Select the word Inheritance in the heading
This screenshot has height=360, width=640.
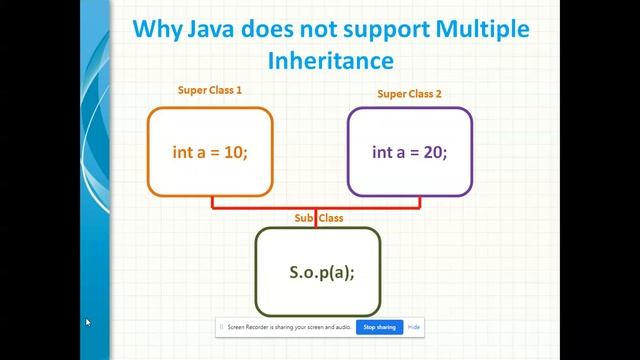[330, 60]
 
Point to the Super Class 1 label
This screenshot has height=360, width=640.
[210, 91]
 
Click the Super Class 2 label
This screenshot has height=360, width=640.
[409, 94]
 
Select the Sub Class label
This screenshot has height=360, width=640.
[317, 218]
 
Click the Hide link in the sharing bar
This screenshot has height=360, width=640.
[414, 327]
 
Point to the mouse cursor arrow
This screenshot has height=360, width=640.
[88, 322]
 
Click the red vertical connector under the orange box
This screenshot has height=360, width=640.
[212, 202]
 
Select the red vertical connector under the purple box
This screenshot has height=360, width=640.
[419, 202]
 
